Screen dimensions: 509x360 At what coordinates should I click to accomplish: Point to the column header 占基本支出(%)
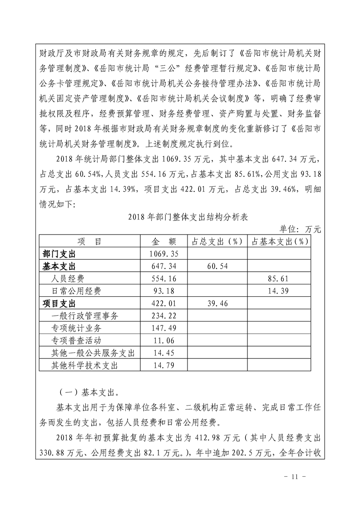tap(278, 241)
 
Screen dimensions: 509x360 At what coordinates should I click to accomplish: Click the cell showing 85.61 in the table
tap(278, 278)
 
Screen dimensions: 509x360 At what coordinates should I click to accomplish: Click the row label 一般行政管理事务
tap(85, 316)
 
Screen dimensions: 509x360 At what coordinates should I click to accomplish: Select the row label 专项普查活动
tap(77, 341)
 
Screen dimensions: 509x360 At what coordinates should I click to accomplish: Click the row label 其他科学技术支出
tap(85, 366)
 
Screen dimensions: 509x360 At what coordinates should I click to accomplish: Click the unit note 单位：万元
tap(300, 230)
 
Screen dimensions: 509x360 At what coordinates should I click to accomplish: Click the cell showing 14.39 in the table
tap(278, 291)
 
